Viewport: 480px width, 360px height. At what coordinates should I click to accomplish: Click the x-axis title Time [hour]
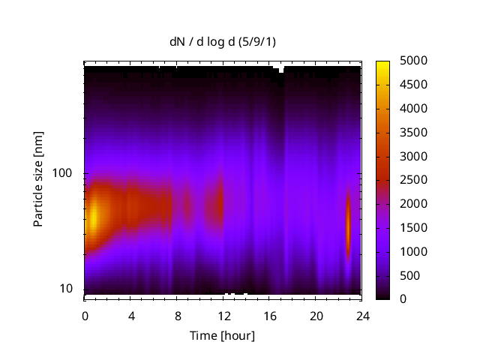(222, 335)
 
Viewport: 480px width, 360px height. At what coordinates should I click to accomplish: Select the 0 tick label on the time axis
(85, 314)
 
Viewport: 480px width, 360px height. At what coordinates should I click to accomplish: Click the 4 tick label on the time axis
(131, 314)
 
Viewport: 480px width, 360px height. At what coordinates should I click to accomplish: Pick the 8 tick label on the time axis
(177, 314)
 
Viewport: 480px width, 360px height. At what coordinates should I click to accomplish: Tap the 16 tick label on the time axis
(269, 314)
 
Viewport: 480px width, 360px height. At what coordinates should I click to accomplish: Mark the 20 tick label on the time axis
(316, 314)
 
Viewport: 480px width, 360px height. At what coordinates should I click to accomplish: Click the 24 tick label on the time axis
(361, 314)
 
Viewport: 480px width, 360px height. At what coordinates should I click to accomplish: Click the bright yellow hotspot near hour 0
(92, 218)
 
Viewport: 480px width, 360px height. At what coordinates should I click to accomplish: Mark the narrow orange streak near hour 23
(348, 225)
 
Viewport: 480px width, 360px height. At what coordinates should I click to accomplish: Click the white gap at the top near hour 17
(281, 69)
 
